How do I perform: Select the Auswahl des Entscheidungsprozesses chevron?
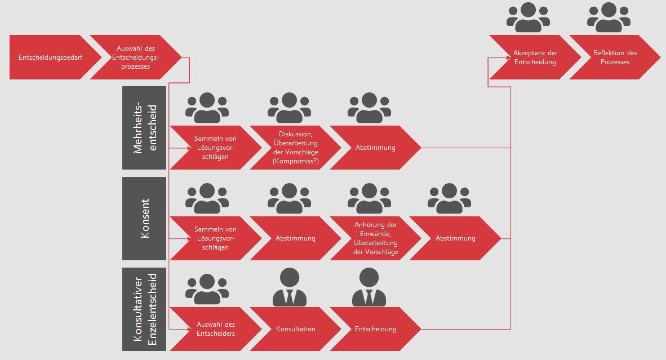tap(136, 57)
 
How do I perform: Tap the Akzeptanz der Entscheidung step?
tap(535, 57)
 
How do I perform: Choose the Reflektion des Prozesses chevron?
tap(615, 57)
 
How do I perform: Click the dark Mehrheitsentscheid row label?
tap(144, 128)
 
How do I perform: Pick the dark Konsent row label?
tap(144, 218)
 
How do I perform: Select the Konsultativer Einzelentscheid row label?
tap(144, 309)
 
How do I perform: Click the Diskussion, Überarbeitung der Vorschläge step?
tap(296, 148)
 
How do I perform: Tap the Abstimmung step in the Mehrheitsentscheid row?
tap(375, 148)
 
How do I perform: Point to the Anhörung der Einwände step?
tap(375, 238)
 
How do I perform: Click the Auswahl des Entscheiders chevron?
tap(216, 329)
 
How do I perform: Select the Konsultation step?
tap(296, 329)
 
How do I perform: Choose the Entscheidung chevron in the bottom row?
tap(375, 329)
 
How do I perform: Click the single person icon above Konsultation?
tap(289, 287)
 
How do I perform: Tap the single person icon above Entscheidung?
tap(369, 287)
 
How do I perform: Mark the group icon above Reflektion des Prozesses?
tap(609, 17)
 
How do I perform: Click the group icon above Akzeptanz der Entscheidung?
tap(529, 17)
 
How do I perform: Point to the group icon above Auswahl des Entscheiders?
tap(207, 289)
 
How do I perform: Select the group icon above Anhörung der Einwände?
tap(369, 198)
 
